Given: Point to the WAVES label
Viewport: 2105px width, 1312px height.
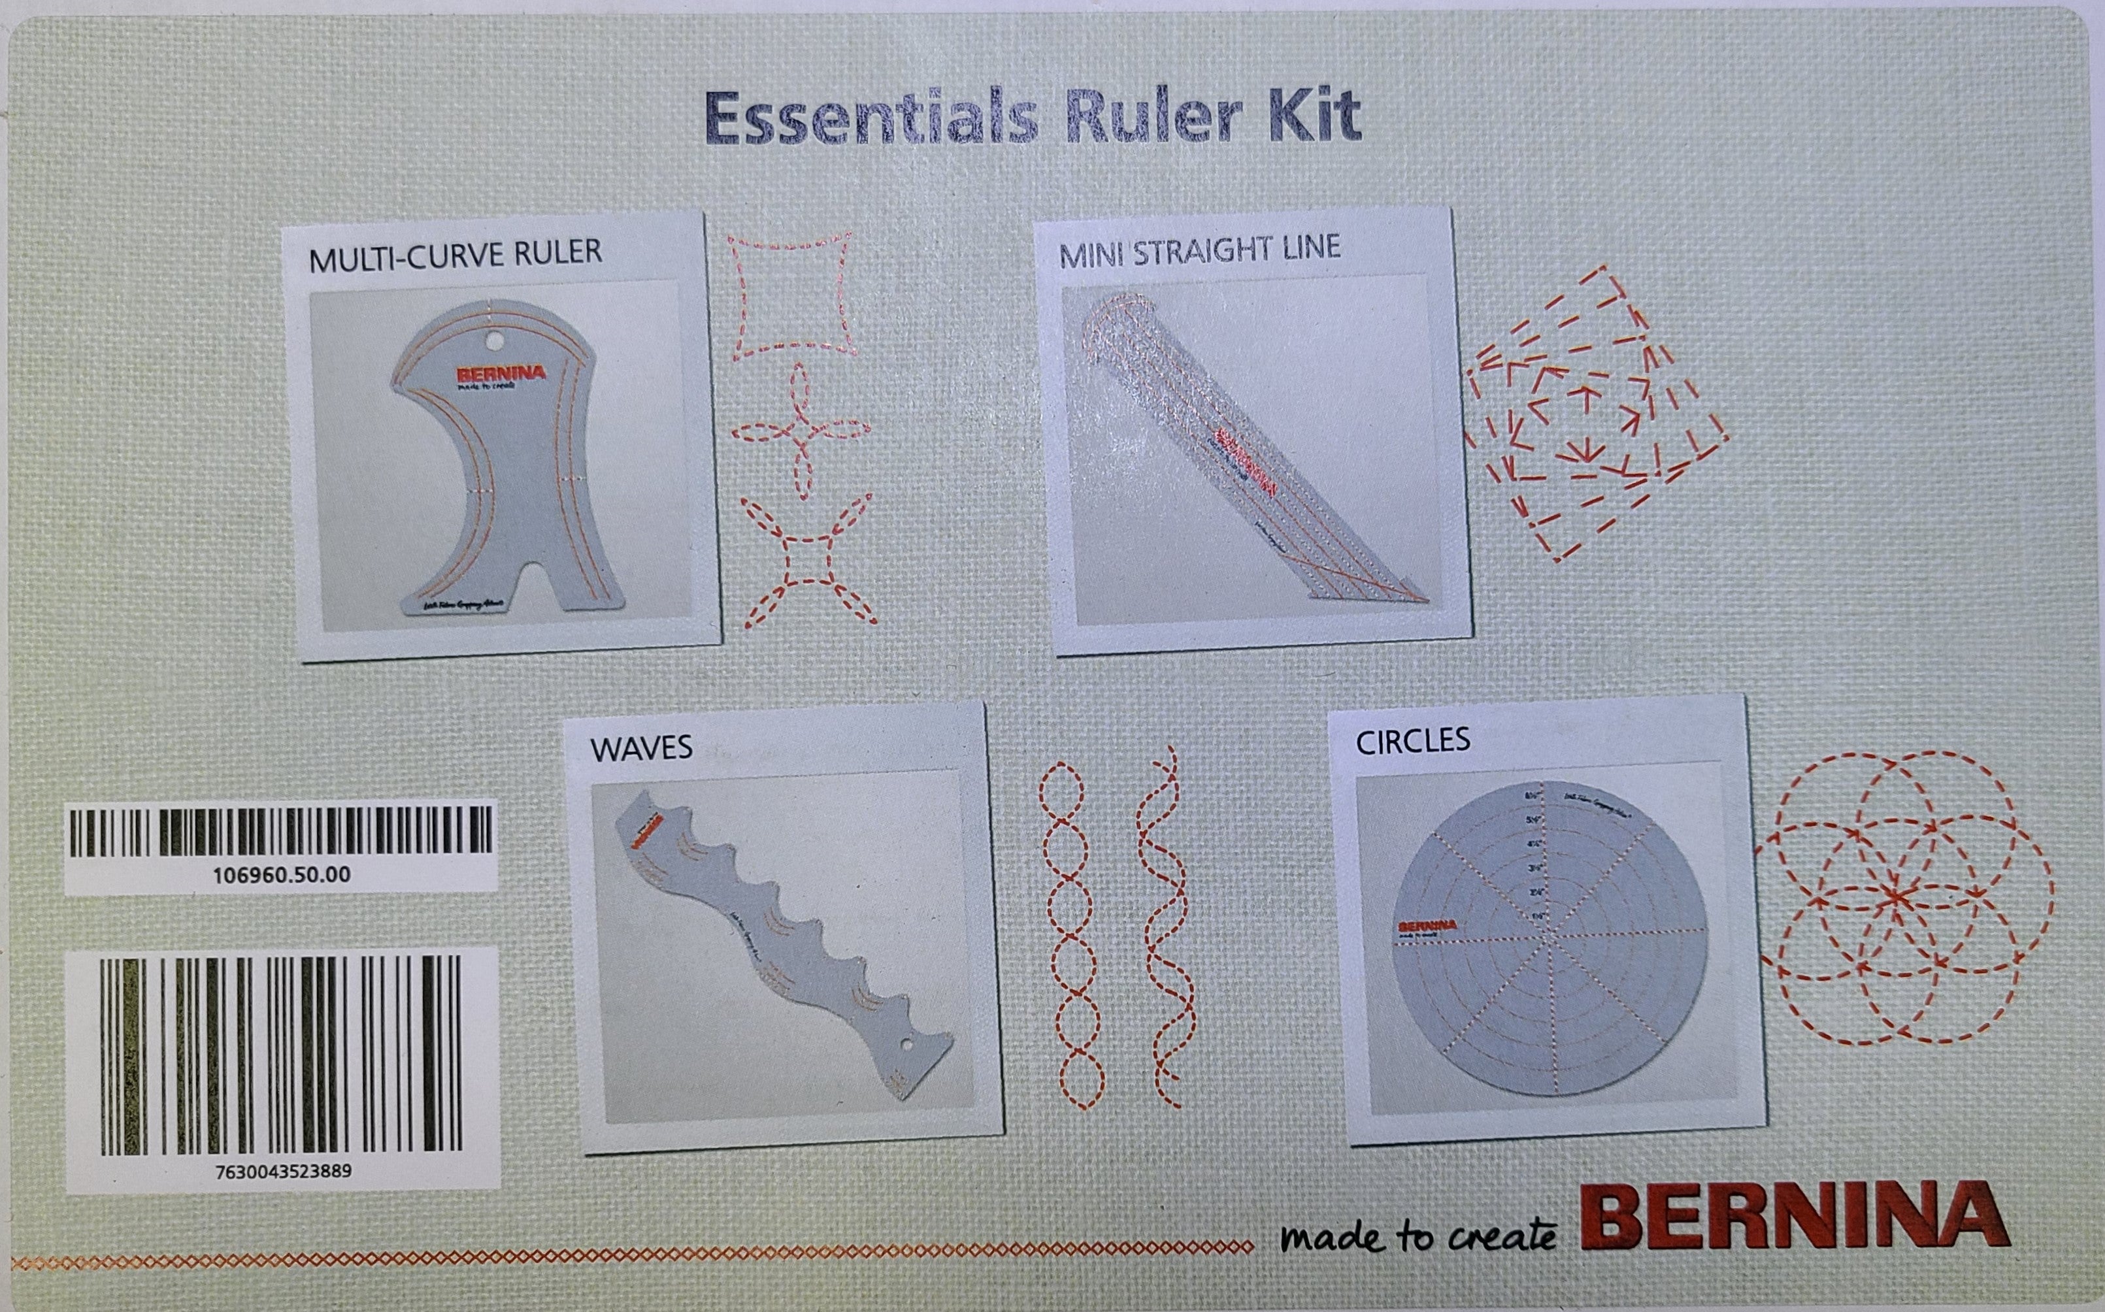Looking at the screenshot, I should [x=641, y=748].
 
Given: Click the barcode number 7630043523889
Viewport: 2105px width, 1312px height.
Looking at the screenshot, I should [x=283, y=1172].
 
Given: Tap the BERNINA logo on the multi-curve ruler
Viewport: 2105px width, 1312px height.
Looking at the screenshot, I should [x=499, y=374].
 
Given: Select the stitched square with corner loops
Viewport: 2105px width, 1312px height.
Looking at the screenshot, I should [x=808, y=561].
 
